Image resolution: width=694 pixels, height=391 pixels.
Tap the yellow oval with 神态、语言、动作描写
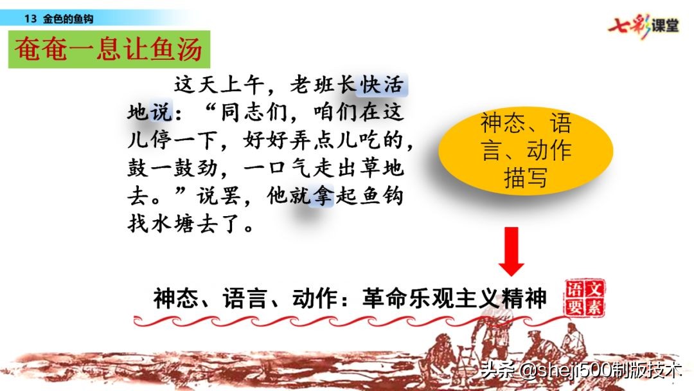525,150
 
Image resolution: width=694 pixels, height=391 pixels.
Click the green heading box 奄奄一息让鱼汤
109,50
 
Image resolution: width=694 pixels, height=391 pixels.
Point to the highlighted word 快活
384,85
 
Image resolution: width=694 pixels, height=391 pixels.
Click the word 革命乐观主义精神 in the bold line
454,298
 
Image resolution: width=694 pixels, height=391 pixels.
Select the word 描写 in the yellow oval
526,177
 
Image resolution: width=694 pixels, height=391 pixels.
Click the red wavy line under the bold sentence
347,320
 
